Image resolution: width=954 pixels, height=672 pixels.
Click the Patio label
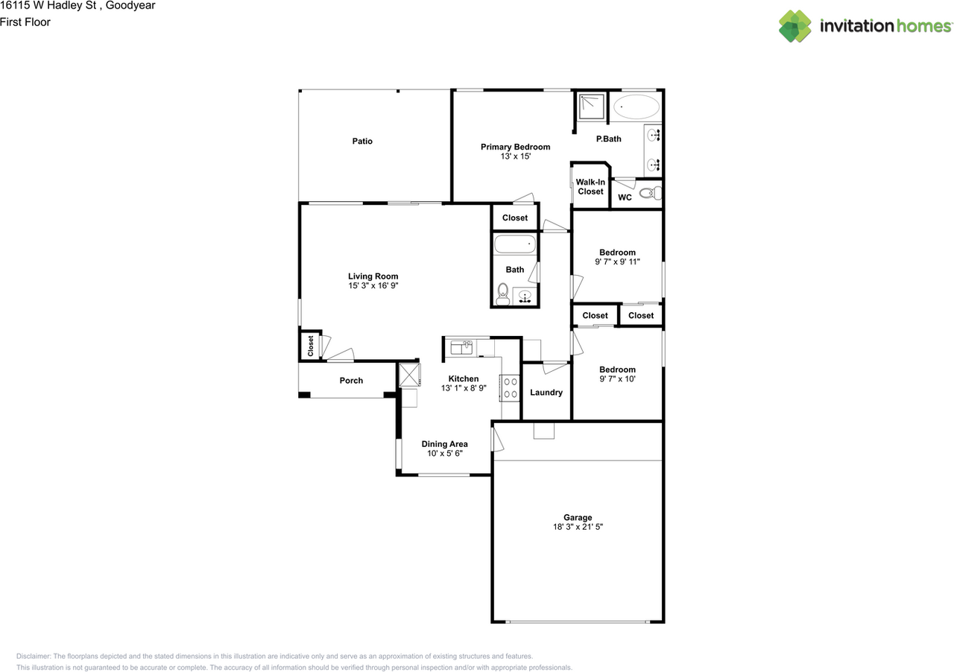point(362,141)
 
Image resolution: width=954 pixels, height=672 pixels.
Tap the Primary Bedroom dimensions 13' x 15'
point(515,156)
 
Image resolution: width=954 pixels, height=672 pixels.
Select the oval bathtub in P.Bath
point(636,107)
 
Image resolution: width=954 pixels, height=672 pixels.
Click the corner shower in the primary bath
point(591,107)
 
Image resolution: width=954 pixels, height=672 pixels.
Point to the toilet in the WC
point(651,194)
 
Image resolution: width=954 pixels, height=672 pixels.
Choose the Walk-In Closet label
point(590,186)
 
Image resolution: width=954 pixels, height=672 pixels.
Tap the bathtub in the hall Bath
point(515,244)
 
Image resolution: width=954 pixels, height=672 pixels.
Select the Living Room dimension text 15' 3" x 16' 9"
point(373,286)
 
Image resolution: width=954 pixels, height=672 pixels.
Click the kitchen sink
point(461,347)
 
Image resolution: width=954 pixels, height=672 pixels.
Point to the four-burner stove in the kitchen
point(510,388)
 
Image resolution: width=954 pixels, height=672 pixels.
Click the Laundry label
point(546,392)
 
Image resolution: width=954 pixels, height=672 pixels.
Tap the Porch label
point(351,380)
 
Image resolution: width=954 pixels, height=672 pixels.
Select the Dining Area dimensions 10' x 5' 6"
point(445,453)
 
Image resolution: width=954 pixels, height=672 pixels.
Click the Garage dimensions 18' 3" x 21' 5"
point(578,527)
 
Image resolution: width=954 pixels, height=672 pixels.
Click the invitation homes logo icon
point(795,26)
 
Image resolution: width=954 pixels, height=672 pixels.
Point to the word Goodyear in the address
point(130,6)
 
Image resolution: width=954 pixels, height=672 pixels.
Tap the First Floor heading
point(25,22)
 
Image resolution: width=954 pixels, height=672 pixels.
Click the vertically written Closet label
point(311,346)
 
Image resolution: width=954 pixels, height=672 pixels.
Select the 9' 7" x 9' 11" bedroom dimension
point(617,262)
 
